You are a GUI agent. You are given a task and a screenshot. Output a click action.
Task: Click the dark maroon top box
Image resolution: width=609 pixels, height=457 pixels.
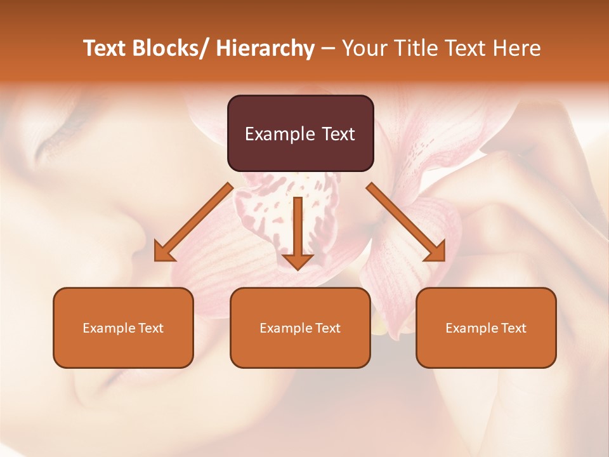point(300,133)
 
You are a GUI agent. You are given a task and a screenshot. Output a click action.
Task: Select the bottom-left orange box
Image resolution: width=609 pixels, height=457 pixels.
point(123,328)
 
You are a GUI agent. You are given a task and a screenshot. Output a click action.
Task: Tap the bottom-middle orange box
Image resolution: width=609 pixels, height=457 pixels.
point(300,328)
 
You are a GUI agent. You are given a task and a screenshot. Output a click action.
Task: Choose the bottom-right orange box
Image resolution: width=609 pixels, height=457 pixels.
point(486,328)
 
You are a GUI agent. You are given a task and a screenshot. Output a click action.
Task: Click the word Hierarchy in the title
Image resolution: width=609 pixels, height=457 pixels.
point(265,48)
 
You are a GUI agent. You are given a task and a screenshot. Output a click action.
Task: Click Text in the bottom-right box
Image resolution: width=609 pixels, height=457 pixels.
point(513,328)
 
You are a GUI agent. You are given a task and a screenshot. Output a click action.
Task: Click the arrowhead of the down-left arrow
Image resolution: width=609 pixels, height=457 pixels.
point(163,251)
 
